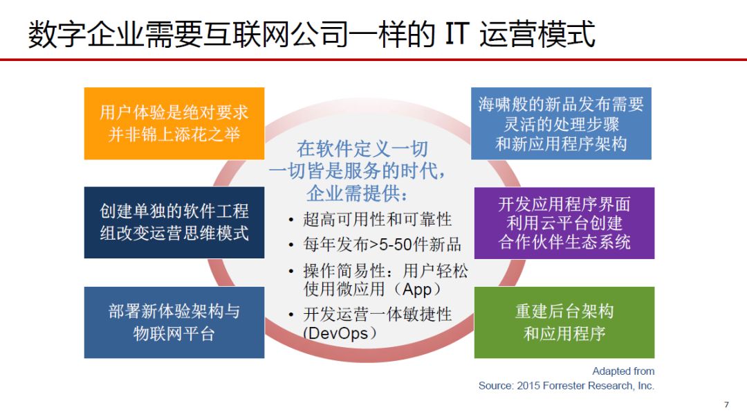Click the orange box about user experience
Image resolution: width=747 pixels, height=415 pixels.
click(174, 123)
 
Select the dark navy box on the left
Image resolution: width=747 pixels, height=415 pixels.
click(174, 222)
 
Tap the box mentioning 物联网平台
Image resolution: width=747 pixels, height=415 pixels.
click(174, 322)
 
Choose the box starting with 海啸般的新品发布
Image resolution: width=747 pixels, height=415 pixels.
click(561, 123)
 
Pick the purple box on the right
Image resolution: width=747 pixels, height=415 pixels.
click(564, 223)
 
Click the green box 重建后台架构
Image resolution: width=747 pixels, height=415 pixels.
click(564, 322)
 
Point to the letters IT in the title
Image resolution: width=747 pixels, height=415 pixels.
click(457, 35)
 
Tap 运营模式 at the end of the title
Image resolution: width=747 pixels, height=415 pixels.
click(537, 35)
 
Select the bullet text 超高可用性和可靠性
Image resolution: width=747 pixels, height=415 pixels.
click(378, 220)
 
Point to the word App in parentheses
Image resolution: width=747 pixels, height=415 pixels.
click(417, 289)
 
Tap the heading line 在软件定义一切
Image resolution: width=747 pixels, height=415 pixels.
click(362, 149)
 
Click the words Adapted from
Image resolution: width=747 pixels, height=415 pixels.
click(623, 371)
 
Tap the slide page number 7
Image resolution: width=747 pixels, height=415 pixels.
click(726, 405)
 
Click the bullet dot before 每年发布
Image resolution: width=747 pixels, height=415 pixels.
click(290, 246)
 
